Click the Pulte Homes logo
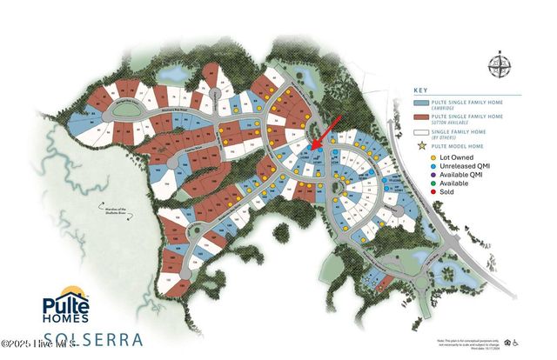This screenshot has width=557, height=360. [75, 303]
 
